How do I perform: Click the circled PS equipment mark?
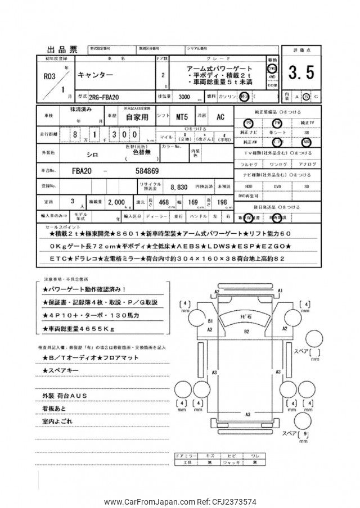pos(249,123)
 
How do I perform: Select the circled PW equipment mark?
pos(277,123)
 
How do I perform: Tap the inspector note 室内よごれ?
pos(57,420)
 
